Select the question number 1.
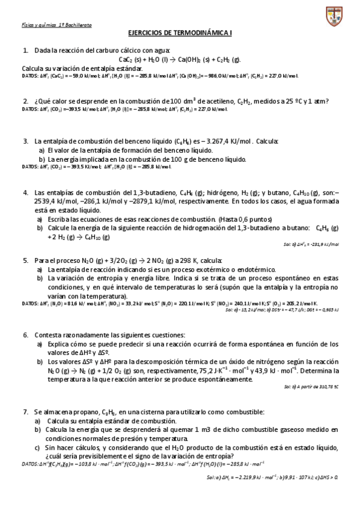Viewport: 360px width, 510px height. pyautogui.click(x=25, y=51)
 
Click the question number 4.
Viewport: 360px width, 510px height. pyautogui.click(x=25, y=192)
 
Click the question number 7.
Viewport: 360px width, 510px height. pyautogui.click(x=25, y=412)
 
